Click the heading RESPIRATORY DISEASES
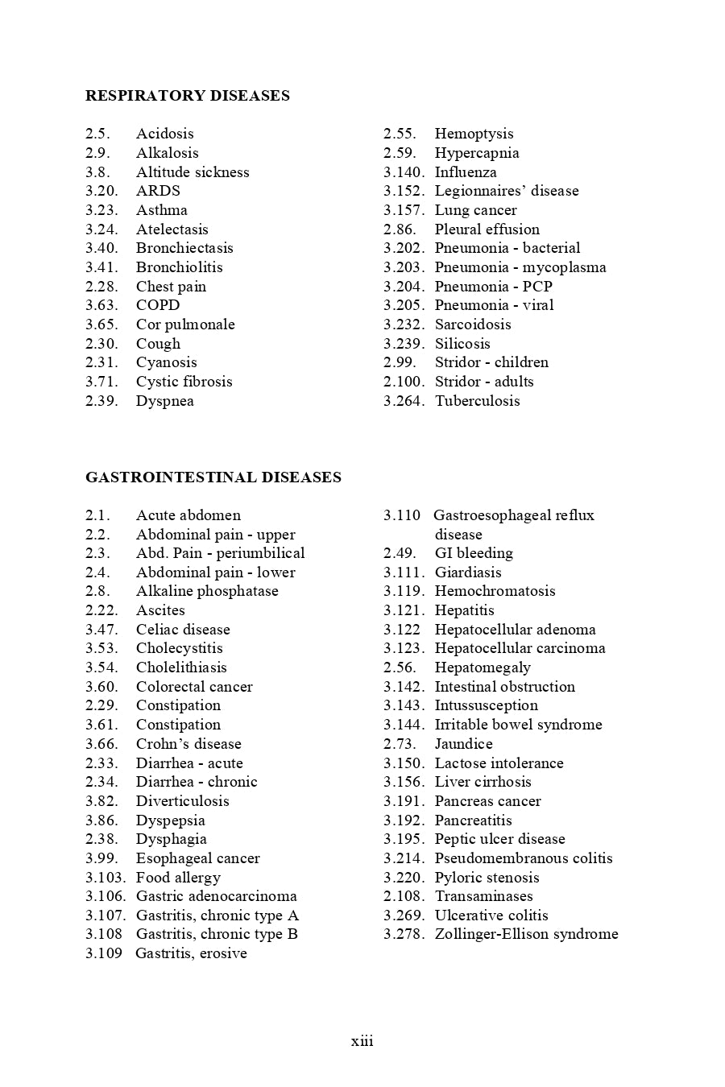point(187,96)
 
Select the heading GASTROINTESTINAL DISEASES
point(213,477)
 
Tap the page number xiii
point(362,1041)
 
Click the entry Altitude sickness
point(193,172)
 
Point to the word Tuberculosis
point(477,401)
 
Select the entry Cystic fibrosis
point(184,382)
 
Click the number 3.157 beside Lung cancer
point(403,210)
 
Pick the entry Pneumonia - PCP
point(493,287)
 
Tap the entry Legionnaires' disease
point(506,191)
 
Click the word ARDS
point(158,191)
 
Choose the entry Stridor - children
point(491,362)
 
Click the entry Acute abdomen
point(188,515)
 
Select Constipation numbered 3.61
point(178,725)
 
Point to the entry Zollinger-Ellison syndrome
point(526,934)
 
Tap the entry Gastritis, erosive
point(191,953)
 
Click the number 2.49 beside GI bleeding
point(400,553)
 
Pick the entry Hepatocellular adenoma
point(515,630)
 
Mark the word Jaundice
point(463,744)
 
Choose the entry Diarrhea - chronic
point(197,782)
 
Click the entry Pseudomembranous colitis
point(524,858)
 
